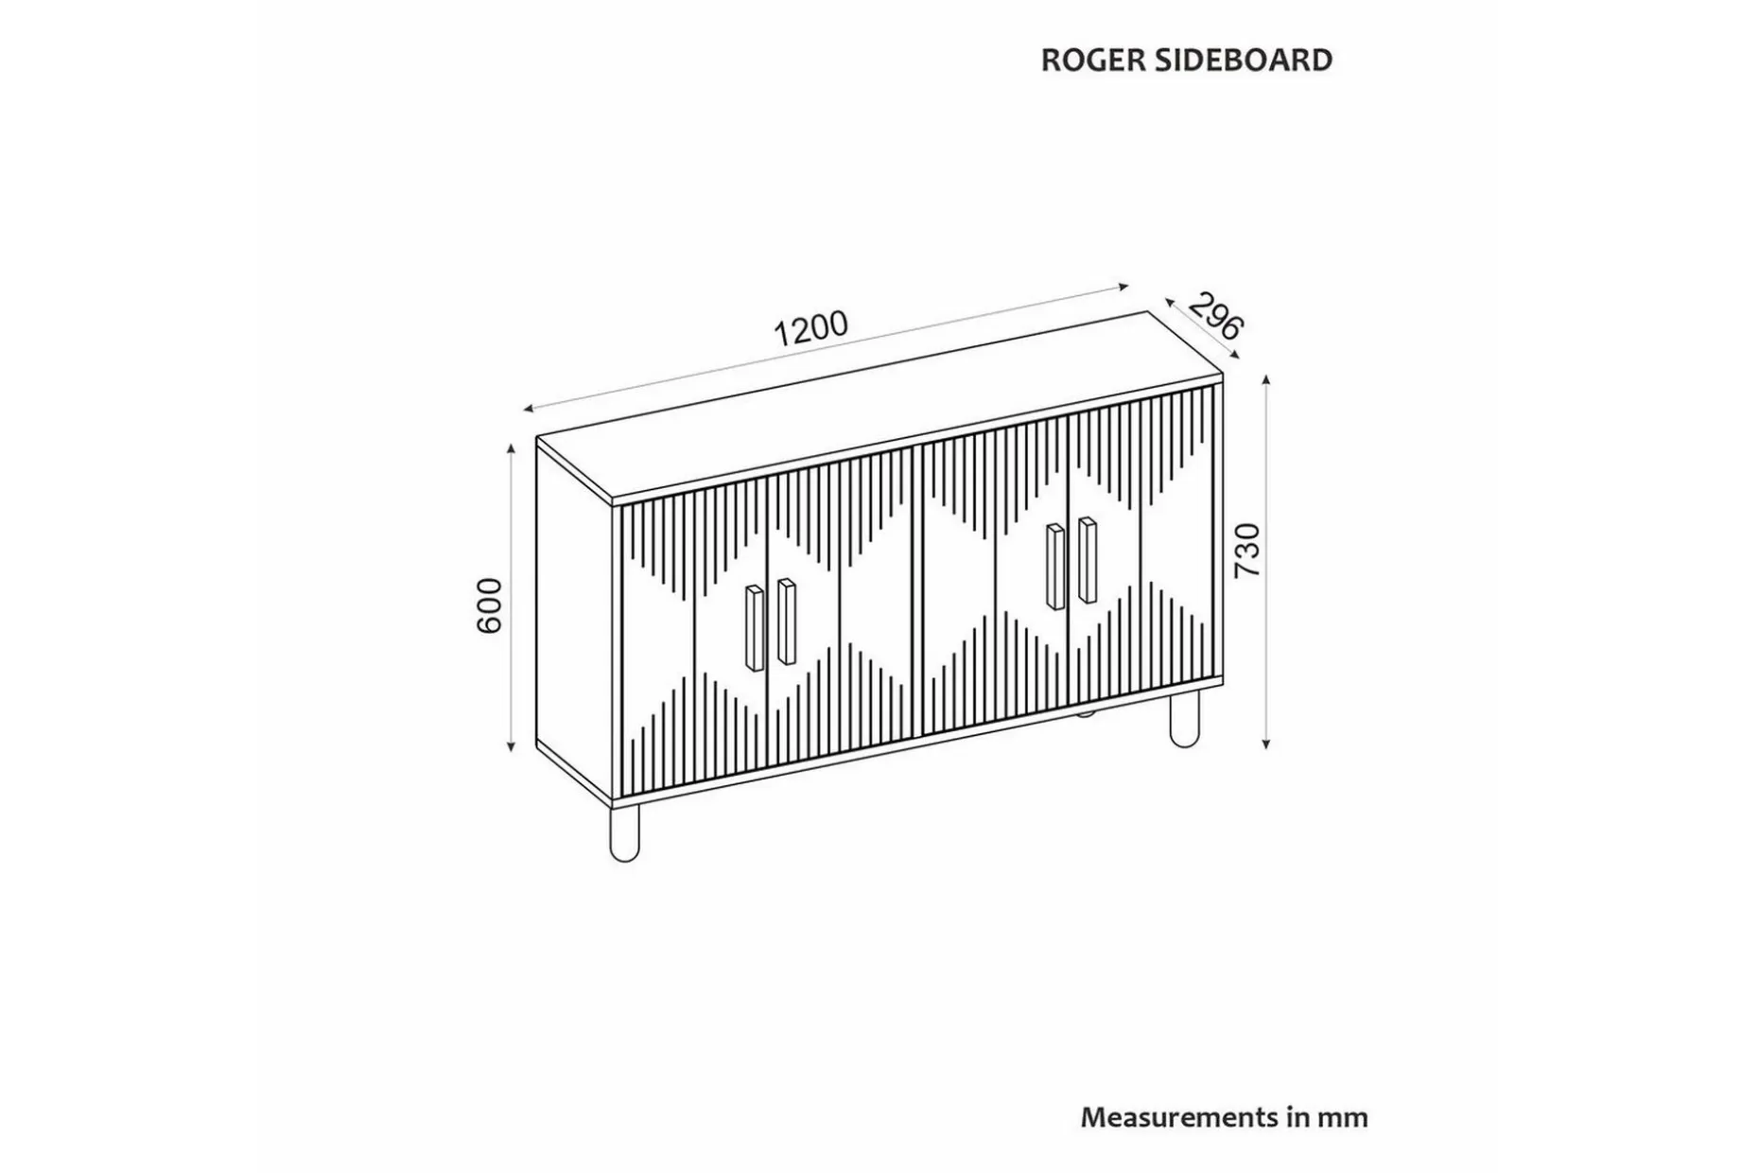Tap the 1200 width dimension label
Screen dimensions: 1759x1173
(811, 329)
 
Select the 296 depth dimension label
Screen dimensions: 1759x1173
(1215, 316)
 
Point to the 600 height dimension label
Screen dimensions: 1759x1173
(490, 605)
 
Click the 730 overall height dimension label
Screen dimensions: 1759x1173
(1247, 550)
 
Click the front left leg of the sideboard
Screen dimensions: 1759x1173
(625, 832)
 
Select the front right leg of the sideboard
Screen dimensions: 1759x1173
(1184, 718)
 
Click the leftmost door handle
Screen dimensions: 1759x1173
(755, 628)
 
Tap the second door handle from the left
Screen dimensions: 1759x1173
(787, 621)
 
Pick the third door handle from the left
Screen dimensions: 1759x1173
(1055, 566)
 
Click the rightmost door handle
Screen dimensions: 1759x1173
(1088, 559)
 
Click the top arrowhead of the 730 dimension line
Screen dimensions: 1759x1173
(1266, 380)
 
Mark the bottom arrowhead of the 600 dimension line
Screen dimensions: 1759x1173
(512, 745)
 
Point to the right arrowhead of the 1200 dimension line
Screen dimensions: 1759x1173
(1123, 286)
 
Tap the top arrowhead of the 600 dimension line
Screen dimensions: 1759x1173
(512, 450)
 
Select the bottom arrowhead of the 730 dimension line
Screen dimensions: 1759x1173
(1266, 743)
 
